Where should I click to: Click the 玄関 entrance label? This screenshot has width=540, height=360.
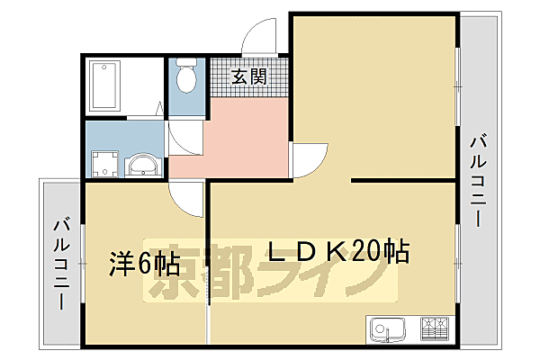coord(249,76)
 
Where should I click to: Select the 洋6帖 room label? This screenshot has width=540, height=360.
coord(144,264)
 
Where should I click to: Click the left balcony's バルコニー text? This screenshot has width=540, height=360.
coord(62,264)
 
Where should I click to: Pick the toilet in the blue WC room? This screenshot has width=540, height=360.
coord(187,76)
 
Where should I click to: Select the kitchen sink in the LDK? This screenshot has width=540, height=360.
coord(387,329)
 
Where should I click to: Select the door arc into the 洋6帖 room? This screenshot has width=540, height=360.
coord(191,200)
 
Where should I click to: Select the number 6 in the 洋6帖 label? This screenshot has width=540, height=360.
coord(145,264)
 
